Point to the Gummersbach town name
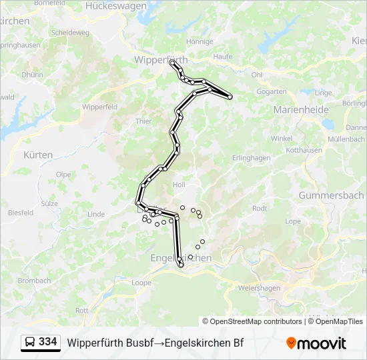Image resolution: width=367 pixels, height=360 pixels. click(330, 196)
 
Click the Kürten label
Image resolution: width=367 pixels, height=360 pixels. click(38, 155)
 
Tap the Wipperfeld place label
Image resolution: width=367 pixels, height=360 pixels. click(99, 107)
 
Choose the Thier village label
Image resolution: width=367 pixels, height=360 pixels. click(143, 121)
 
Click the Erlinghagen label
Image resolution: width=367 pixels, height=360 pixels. click(251, 158)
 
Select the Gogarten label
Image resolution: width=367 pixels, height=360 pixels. click(272, 92)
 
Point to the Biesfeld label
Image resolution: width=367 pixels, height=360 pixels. click(21, 213)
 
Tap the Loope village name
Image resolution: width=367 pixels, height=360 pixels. click(141, 283)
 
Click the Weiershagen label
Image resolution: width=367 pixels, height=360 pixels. click(259, 287)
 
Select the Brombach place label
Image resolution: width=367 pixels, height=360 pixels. click(34, 281)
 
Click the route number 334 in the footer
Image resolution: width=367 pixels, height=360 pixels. click(47, 342)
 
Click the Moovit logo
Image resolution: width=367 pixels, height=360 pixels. click(316, 343)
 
